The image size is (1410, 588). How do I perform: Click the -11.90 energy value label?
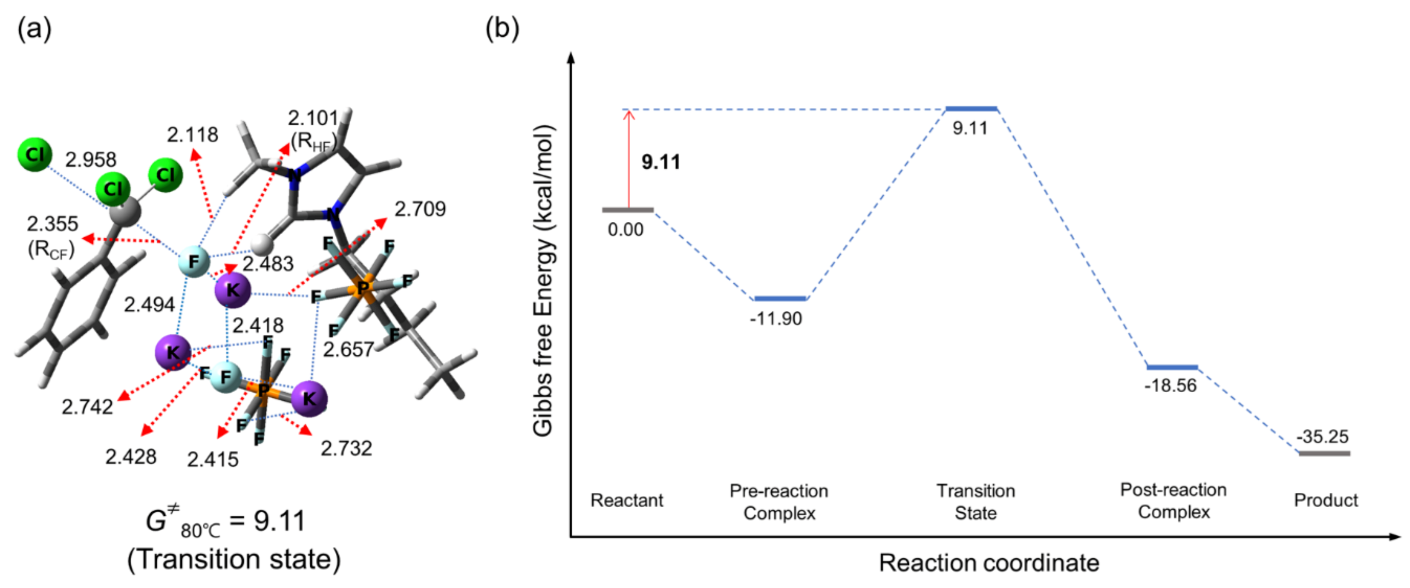(x=776, y=318)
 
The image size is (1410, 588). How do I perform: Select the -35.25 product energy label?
(x=1322, y=436)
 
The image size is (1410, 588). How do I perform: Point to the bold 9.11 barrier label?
(x=661, y=162)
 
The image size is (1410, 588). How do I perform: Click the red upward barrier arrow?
(x=629, y=159)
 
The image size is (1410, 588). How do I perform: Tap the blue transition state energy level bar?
(x=971, y=109)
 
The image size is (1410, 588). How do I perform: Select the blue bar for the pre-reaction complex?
(x=780, y=298)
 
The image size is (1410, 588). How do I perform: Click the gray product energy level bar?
(x=1325, y=453)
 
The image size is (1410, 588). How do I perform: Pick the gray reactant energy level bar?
(x=628, y=209)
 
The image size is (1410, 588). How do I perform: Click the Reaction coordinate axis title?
(x=989, y=563)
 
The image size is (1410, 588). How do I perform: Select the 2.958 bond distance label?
(x=91, y=160)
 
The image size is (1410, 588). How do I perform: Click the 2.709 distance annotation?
(x=420, y=209)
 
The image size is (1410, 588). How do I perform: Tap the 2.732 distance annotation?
(x=346, y=448)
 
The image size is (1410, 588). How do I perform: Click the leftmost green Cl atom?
(x=35, y=155)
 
